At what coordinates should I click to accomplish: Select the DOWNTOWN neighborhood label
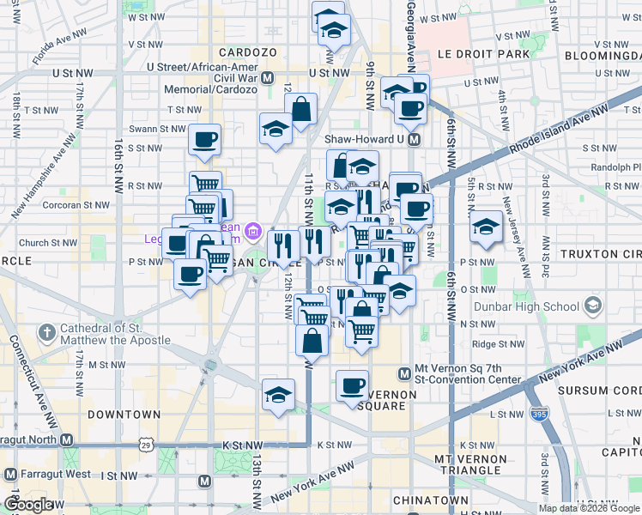pyautogui.click(x=124, y=414)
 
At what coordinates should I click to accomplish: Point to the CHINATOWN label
pyautogui.click(x=430, y=500)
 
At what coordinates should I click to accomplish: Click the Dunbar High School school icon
pyautogui.click(x=593, y=306)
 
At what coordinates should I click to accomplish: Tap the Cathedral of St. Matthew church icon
pyautogui.click(x=47, y=331)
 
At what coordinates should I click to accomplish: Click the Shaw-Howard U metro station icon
pyautogui.click(x=414, y=139)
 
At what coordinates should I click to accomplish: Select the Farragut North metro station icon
pyautogui.click(x=67, y=439)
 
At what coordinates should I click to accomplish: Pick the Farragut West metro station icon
pyautogui.click(x=10, y=474)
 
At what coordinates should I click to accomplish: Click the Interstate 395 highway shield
pyautogui.click(x=540, y=413)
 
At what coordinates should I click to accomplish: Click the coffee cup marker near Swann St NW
pyautogui.click(x=204, y=139)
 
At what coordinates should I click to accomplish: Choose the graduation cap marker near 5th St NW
pyautogui.click(x=486, y=227)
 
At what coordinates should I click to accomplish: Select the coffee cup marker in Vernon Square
pyautogui.click(x=352, y=385)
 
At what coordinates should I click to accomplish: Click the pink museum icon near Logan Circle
pyautogui.click(x=252, y=230)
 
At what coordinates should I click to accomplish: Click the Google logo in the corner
pyautogui.click(x=29, y=505)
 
